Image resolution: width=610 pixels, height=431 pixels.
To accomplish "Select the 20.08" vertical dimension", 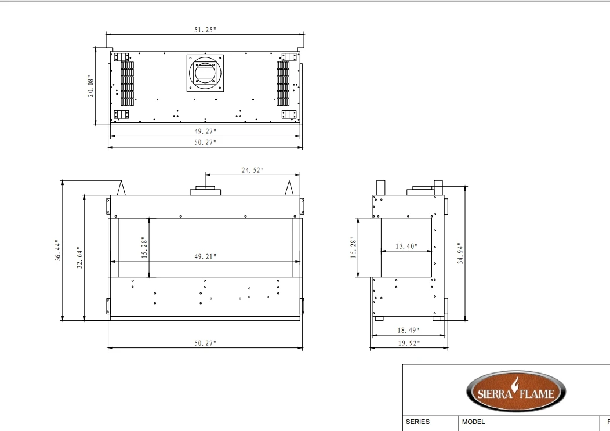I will [x=91, y=86].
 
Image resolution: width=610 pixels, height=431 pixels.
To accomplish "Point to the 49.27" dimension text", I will [x=205, y=131].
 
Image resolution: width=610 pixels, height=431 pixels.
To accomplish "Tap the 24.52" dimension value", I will [x=252, y=170].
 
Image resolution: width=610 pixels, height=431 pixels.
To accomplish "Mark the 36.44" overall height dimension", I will [x=57, y=250].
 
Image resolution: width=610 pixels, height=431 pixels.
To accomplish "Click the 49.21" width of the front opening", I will [x=205, y=256].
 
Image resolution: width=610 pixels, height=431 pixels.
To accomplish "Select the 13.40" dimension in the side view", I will [x=406, y=247].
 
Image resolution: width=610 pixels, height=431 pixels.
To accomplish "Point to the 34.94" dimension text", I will [x=460, y=253].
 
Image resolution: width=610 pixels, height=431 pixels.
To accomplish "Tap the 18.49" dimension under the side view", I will [x=408, y=330].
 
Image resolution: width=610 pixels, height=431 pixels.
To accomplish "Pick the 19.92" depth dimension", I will [x=408, y=343].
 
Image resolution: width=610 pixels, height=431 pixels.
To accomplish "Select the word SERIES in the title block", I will [x=417, y=422].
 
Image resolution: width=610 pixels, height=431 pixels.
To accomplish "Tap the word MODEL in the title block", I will [x=473, y=422].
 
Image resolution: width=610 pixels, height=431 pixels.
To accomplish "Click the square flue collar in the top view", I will [x=205, y=73].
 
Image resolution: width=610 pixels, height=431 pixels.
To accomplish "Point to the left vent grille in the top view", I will [x=127, y=83].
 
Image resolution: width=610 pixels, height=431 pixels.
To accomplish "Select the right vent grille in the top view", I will [x=283, y=83].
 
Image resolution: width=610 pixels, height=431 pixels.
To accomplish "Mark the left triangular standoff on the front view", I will [x=122, y=188].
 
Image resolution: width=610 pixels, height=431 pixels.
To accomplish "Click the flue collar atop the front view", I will [x=205, y=191].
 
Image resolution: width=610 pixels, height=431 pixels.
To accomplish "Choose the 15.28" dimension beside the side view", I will [x=353, y=248].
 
